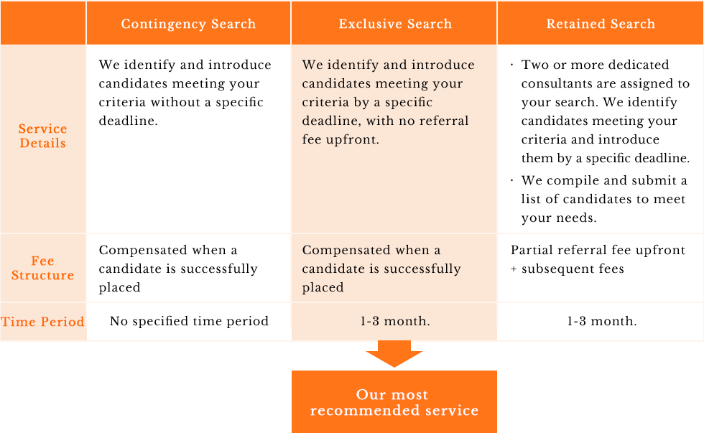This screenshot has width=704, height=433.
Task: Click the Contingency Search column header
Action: point(188,23)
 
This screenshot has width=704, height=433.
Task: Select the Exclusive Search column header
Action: point(394,23)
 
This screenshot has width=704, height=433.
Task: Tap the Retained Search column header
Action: point(601,23)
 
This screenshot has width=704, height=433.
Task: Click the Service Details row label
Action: point(42,136)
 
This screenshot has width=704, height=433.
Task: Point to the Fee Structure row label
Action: point(42,268)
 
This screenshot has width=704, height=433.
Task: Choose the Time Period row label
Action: point(42,322)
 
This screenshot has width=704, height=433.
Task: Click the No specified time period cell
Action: point(189,321)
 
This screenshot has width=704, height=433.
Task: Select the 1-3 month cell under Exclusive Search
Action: point(394,321)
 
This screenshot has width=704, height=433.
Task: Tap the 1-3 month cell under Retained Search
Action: point(602,321)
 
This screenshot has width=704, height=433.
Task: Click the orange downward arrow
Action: point(394,353)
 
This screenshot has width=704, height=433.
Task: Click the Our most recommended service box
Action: point(394,401)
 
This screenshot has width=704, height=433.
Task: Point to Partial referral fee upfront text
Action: point(598,250)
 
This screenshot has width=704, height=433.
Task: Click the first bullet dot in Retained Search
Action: point(511,65)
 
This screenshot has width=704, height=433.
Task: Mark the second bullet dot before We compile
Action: point(511,181)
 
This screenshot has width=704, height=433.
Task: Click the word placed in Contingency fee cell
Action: point(119,287)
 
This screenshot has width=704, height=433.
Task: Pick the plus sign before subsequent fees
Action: point(514,269)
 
